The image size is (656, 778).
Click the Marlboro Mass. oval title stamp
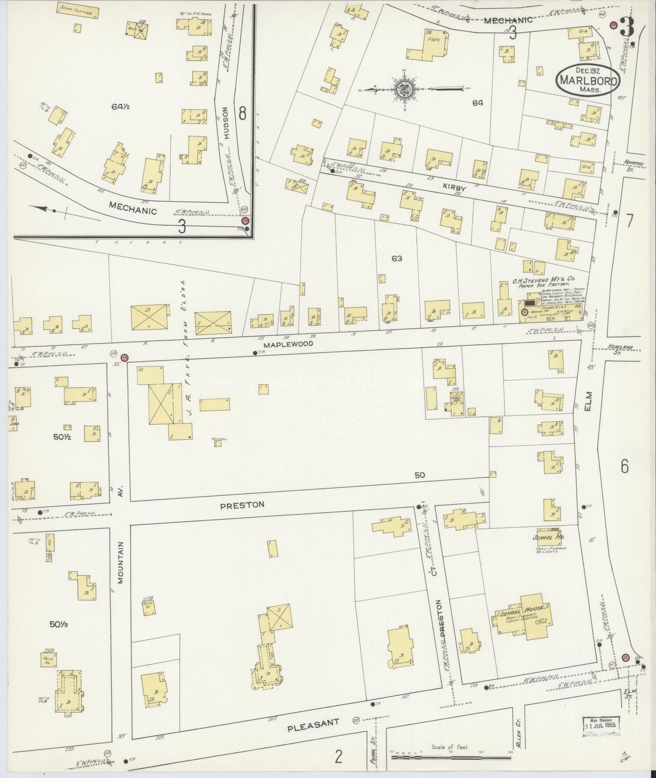point(587,80)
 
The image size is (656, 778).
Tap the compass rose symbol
point(405,88)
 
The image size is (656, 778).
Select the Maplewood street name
point(288,344)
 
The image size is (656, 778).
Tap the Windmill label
point(218,439)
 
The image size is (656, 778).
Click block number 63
point(397,258)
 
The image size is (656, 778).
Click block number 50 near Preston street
point(420,475)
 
